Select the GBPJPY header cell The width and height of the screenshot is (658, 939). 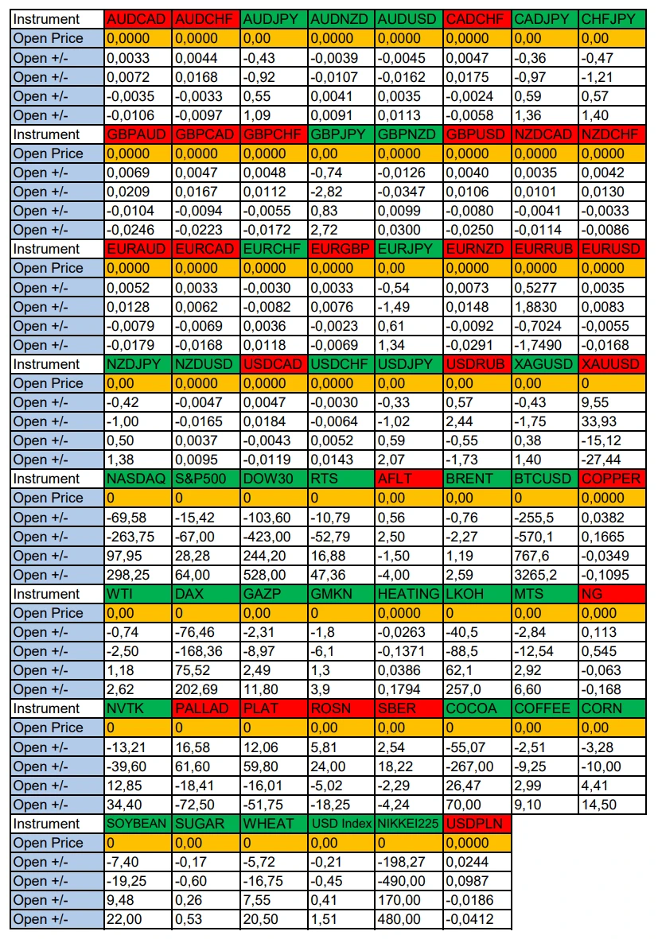pos(342,134)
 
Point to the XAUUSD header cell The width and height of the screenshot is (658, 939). pos(613,363)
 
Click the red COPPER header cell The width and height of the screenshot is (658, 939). pos(613,479)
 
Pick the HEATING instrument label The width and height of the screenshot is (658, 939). pos(410,593)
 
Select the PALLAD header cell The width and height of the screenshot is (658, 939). pos(206,708)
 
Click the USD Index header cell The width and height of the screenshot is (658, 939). pos(342,824)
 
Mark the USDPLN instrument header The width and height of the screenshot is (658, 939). pos(477,824)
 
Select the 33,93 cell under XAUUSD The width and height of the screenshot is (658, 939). pos(613,421)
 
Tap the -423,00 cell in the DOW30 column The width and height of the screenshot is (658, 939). pos(274,537)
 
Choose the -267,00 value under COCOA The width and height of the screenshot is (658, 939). pos(477,766)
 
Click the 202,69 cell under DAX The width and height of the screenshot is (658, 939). pos(206,689)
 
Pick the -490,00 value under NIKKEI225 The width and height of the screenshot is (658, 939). pos(410,881)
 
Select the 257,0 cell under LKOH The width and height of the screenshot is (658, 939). pos(477,689)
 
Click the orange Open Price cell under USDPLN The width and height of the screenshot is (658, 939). pos(477,843)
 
